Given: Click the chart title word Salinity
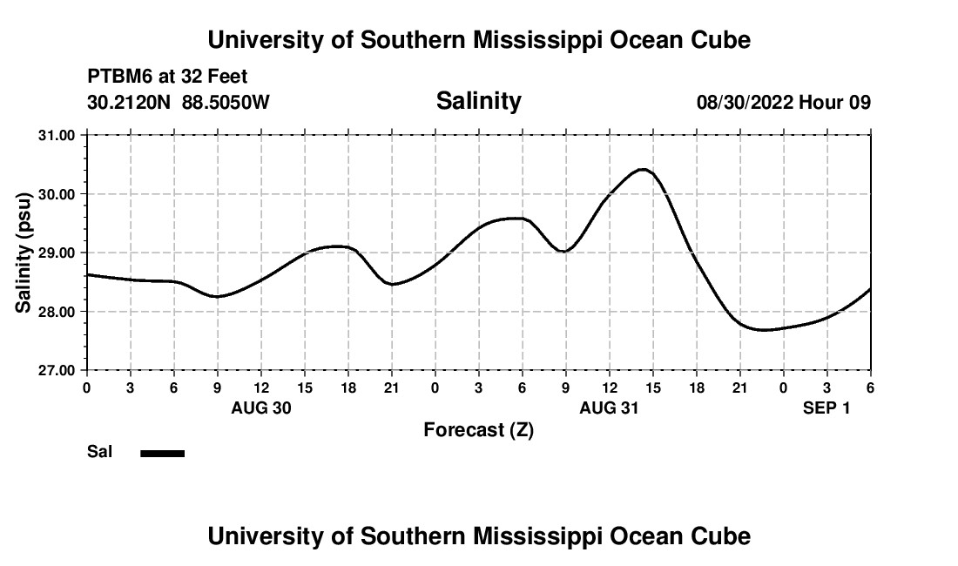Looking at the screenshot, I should (x=478, y=101).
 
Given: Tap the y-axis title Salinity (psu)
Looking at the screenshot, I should (x=24, y=253).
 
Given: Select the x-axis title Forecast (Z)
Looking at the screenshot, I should (x=478, y=429).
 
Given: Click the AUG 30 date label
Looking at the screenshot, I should (x=260, y=408).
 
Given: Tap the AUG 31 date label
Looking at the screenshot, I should (x=609, y=408).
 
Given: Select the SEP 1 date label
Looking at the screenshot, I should (x=826, y=408).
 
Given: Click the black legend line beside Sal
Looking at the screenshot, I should (x=162, y=453).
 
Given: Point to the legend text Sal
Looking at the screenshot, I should (x=100, y=452).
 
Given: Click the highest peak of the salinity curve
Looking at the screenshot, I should (x=643, y=169).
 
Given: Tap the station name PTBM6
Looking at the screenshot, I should (x=117, y=77).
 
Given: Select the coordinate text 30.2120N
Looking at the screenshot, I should (x=131, y=103).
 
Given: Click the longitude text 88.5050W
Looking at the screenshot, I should (x=226, y=103).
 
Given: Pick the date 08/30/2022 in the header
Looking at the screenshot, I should (x=745, y=103).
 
